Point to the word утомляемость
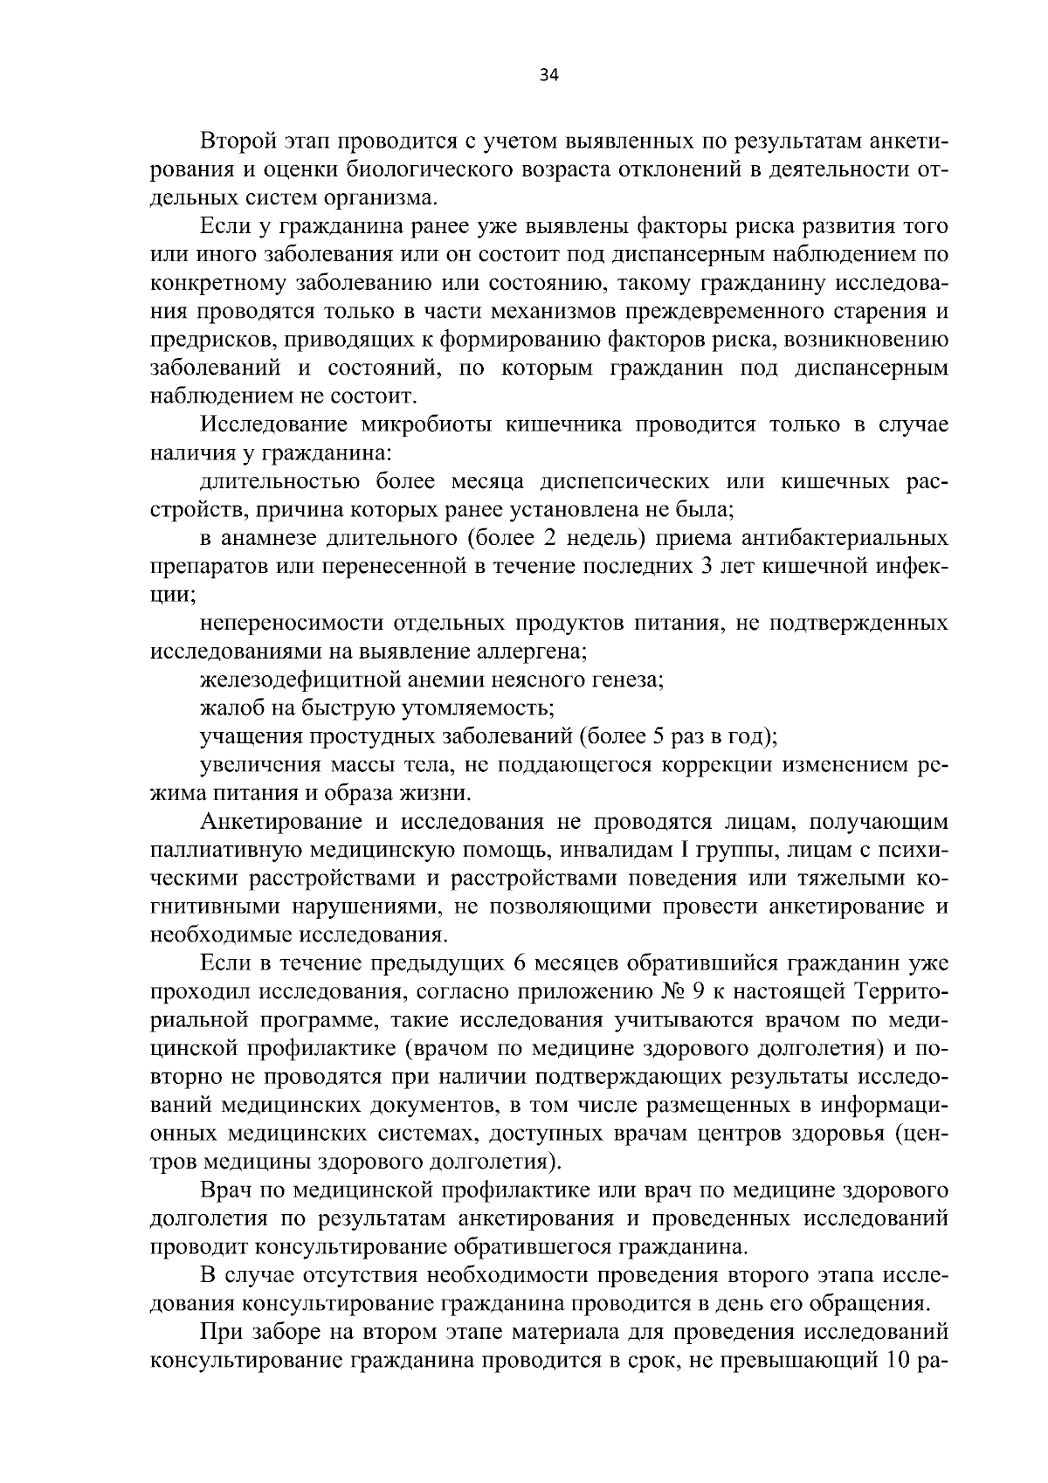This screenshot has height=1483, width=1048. point(479,708)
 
